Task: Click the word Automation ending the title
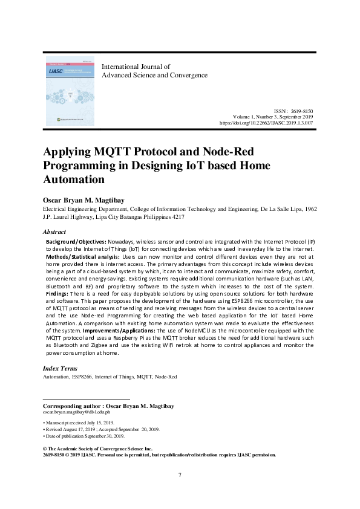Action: tap(74, 179)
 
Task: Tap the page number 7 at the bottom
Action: tap(180, 474)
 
